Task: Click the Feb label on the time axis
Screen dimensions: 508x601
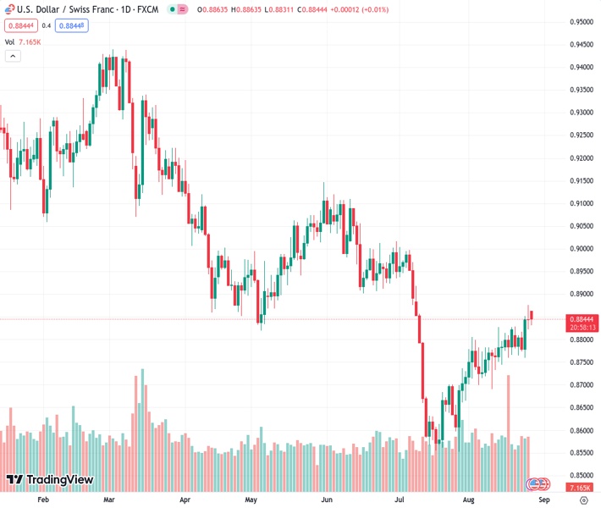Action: pyautogui.click(x=44, y=500)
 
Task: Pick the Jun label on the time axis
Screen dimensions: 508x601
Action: pyautogui.click(x=327, y=500)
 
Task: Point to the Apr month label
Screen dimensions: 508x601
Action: pyautogui.click(x=185, y=500)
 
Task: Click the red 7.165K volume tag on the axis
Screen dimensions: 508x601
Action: pyautogui.click(x=580, y=489)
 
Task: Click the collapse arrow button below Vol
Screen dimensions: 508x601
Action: pyautogui.click(x=13, y=56)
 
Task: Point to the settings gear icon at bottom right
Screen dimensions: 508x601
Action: pyautogui.click(x=583, y=500)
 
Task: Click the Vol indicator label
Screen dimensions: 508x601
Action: pyautogui.click(x=9, y=41)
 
